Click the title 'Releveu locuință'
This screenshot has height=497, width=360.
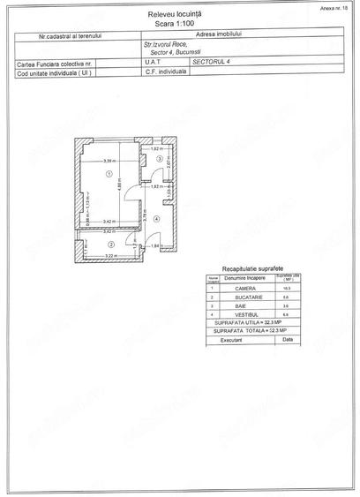tap(179, 16)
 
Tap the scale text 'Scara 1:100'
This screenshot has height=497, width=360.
tap(179, 26)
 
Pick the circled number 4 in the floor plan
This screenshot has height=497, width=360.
tap(155, 218)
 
